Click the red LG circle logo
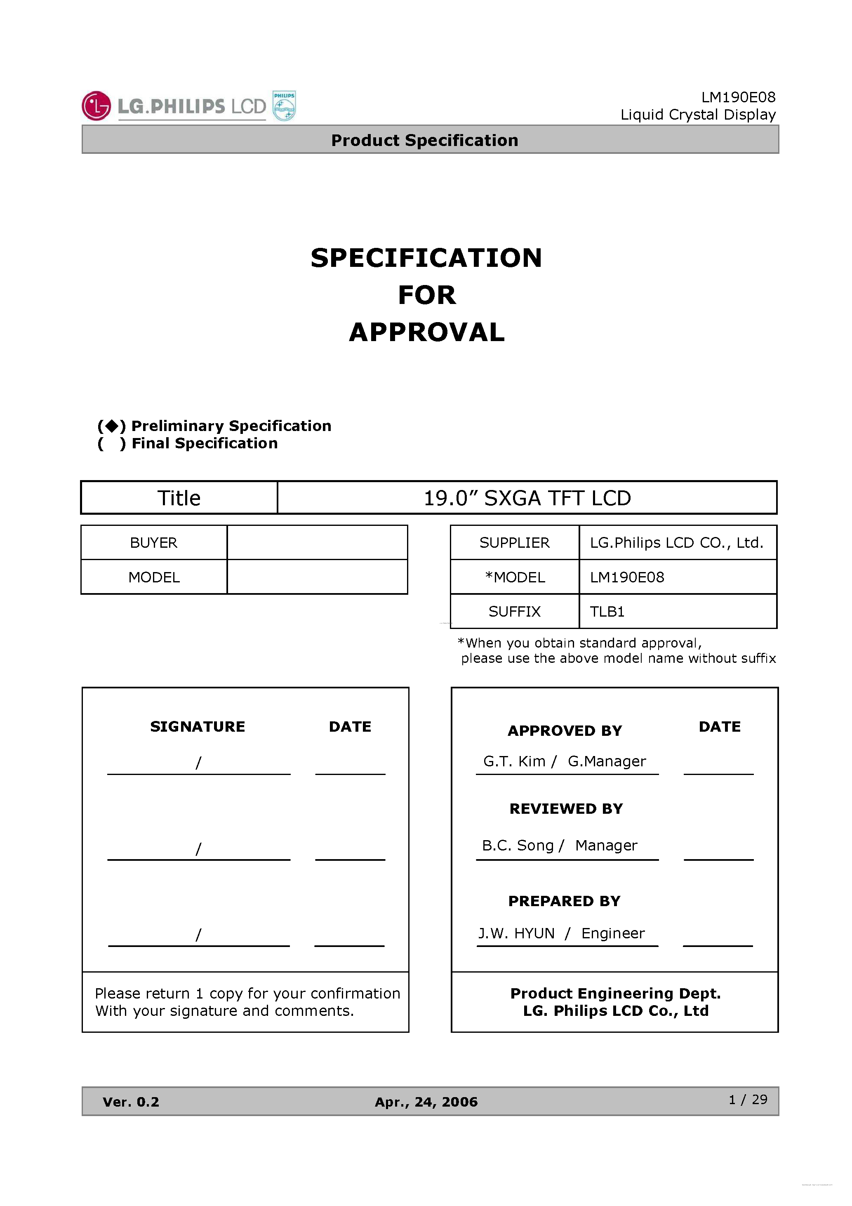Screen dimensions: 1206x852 tap(96, 106)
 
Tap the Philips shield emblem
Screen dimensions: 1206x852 tap(284, 106)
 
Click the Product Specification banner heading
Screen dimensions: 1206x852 tap(424, 140)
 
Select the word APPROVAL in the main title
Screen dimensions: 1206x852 tap(426, 332)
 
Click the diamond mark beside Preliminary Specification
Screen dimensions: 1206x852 tap(111, 426)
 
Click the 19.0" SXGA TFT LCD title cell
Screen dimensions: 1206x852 tap(527, 498)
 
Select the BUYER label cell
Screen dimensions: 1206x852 tap(153, 543)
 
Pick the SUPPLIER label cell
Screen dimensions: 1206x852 tap(514, 543)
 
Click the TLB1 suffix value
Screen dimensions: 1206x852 tap(607, 611)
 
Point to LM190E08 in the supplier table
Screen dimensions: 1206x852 tap(627, 577)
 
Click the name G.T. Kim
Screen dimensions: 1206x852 tap(514, 761)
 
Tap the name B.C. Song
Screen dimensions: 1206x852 tap(518, 845)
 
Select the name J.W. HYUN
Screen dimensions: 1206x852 tap(516, 933)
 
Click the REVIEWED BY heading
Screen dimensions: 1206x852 tap(566, 808)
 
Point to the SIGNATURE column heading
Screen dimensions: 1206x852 tap(198, 726)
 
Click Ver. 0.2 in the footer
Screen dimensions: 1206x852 tap(131, 1102)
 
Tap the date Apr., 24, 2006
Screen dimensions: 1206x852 tap(426, 1102)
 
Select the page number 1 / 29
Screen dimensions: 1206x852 tap(748, 1099)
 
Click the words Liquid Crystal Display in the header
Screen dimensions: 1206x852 tap(698, 115)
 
